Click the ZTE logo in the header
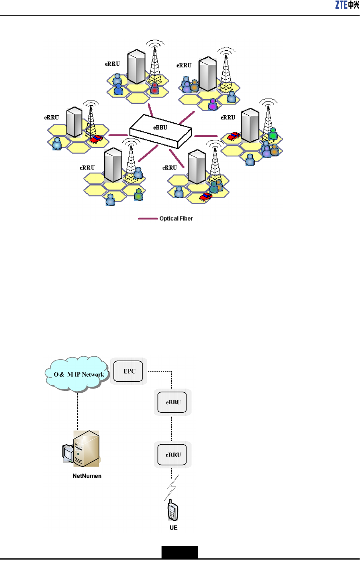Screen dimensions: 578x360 coord(347,5)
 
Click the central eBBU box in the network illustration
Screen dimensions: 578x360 coord(161,130)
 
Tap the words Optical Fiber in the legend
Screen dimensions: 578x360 coord(176,219)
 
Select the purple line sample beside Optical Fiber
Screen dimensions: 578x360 coord(148,219)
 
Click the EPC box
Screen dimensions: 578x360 coord(129,371)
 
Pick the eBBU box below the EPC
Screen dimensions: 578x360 coord(173,402)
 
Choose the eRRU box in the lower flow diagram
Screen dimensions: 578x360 coord(173,455)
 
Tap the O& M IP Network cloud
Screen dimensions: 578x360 coord(78,374)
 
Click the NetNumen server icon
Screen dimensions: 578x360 coord(82,449)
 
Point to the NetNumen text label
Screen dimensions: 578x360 coord(87,476)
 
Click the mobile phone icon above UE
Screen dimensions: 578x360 coord(173,511)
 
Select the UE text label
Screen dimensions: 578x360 coord(173,528)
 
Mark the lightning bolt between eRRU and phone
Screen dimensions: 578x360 coord(172,488)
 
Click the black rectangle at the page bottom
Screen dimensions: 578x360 coord(179,552)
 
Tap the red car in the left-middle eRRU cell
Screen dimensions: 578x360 coord(96,139)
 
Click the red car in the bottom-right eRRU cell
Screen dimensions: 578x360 coord(206,197)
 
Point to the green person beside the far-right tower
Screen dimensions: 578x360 coord(273,134)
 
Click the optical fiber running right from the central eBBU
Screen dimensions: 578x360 coord(206,136)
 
